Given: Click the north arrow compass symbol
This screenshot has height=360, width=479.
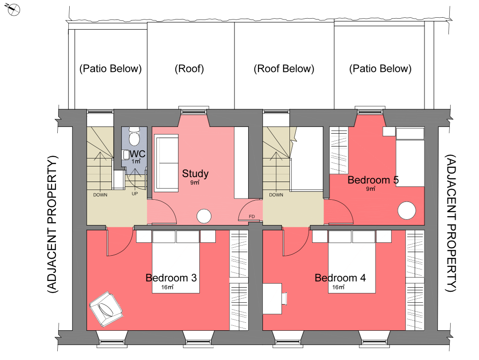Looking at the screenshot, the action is coord(13,10).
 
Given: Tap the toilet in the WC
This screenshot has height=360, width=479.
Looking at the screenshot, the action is coord(134,136).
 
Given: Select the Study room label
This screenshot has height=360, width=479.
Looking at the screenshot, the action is coord(195,174).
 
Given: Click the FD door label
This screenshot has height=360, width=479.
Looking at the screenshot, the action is coord(252,217).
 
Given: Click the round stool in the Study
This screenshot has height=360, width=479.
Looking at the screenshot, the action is coord(204,216).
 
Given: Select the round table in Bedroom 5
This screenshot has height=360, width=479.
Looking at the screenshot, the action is coord(407,210).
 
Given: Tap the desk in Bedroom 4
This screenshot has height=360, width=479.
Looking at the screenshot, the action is coord(272,299).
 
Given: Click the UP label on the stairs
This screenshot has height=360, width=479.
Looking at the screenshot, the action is coord(135,194).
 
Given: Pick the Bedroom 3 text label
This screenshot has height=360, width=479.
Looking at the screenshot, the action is coord(171,278).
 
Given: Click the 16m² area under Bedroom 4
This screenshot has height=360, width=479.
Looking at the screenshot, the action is coord(338,287).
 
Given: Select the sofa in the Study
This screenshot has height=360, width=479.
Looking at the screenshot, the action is coord(166,163).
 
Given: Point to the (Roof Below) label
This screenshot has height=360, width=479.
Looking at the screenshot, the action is coord(284,69).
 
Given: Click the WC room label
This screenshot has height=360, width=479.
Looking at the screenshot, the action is coord(138,154).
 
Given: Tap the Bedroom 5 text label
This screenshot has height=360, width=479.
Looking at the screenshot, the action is coord(373,180).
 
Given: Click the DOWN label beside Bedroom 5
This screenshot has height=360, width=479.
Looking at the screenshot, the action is coord(276,195).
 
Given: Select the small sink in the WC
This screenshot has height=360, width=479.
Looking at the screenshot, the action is coord(126,154).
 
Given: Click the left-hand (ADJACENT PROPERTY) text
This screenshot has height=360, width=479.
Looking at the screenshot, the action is coord(52,225).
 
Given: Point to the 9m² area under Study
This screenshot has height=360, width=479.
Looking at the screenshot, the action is coord(195,182).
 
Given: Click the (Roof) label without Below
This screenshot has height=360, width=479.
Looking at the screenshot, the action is coord(189,69).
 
